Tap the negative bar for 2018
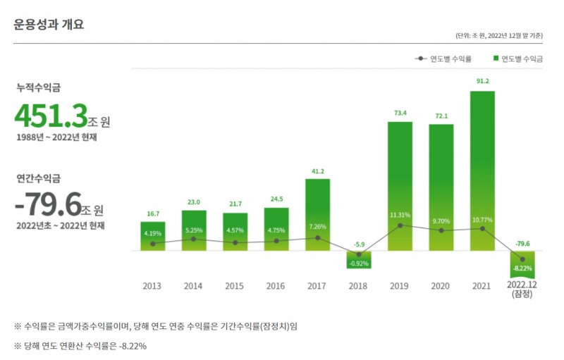(359, 259)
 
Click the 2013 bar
(153, 236)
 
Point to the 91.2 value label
(482, 82)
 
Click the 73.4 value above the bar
(400, 113)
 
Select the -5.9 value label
(359, 244)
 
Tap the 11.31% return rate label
(400, 215)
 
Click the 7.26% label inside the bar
(318, 227)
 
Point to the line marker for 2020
(441, 230)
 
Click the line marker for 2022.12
(522, 259)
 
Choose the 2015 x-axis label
(234, 286)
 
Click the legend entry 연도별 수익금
(519, 59)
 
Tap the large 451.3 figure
(51, 116)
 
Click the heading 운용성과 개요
(49, 25)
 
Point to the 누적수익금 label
(39, 87)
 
